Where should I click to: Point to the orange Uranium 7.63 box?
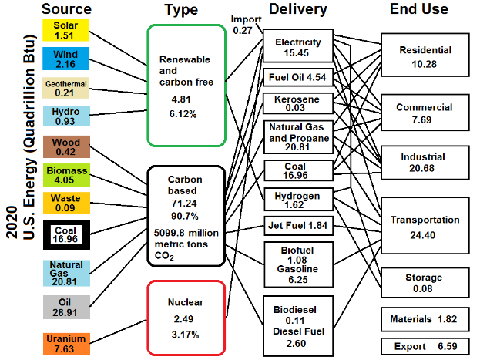pyautogui.click(x=65, y=343)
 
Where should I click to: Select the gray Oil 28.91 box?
pyautogui.click(x=65, y=306)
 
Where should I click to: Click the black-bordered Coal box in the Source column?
pyautogui.click(x=65, y=234)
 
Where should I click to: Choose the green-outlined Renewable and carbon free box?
pyautogui.click(x=186, y=85)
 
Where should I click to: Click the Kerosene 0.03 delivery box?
pyautogui.click(x=297, y=103)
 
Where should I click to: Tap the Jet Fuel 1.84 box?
pyautogui.click(x=297, y=225)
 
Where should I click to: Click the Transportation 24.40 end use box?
pyautogui.click(x=424, y=226)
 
